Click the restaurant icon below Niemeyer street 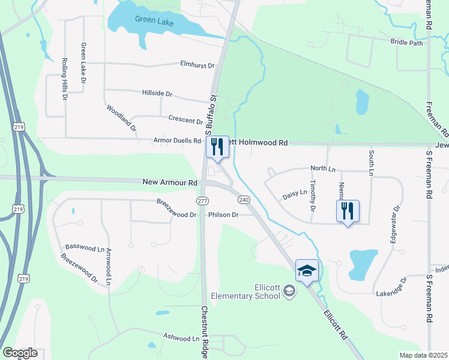348,211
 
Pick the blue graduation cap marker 307,271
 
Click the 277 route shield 202,199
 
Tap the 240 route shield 244,199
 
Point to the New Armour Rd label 170,182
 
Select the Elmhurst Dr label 197,64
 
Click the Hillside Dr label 157,94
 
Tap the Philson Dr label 223,214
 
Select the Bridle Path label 406,43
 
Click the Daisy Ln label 294,194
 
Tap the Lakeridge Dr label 393,287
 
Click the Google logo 20,353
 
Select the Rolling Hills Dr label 64,79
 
